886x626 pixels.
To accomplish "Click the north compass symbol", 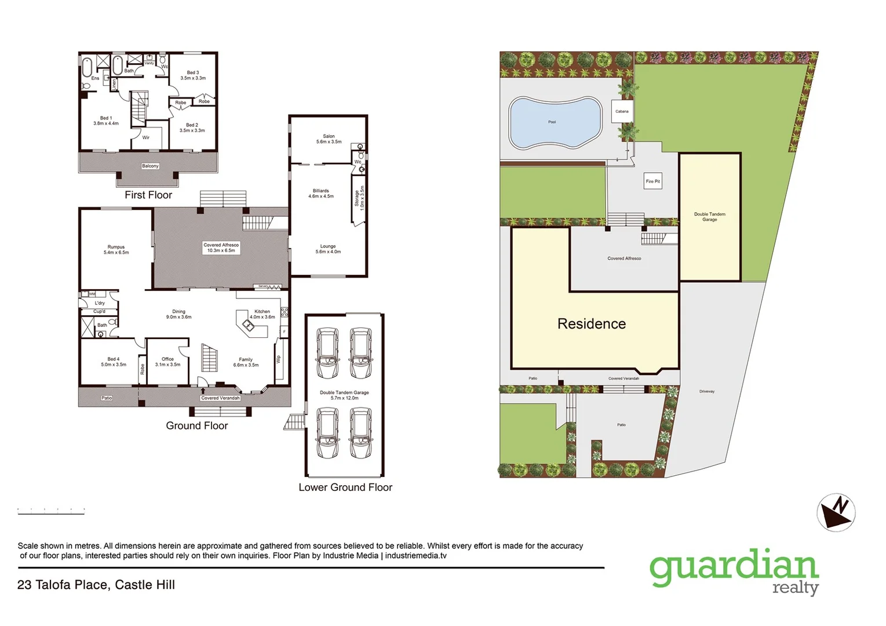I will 836,512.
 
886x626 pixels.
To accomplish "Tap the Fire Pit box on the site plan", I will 652,181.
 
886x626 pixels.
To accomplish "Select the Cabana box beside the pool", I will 622,111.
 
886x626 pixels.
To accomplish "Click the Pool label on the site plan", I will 552,122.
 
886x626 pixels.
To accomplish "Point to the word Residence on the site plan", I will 591,323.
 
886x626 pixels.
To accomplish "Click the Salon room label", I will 329,139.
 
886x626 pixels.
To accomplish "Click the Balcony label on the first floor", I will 150,166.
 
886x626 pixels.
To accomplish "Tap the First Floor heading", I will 148,195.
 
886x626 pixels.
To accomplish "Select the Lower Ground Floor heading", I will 345,487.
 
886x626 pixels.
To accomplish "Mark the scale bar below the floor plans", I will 51,510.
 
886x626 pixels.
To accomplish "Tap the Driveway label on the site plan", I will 707,391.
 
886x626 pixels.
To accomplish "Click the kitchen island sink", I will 249,326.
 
